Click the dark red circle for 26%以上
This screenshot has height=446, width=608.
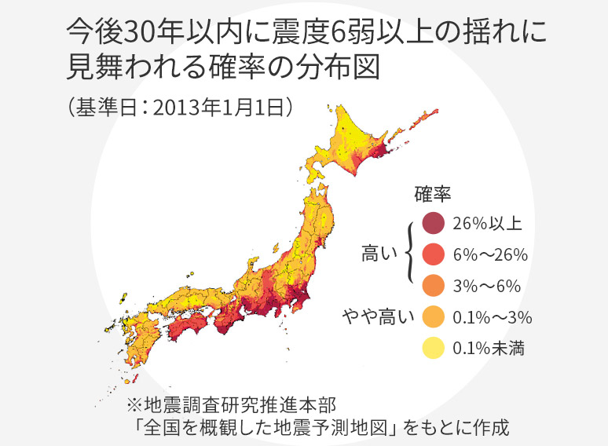tap(433, 224)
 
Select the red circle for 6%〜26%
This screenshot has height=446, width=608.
tap(433, 254)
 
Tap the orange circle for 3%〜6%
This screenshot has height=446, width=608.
tap(433, 285)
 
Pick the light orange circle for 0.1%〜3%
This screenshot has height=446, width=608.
tap(433, 316)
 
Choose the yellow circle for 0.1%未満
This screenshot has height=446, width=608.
tap(433, 347)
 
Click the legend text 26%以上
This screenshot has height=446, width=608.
tap(487, 224)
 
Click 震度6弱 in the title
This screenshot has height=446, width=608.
tap(333, 33)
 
